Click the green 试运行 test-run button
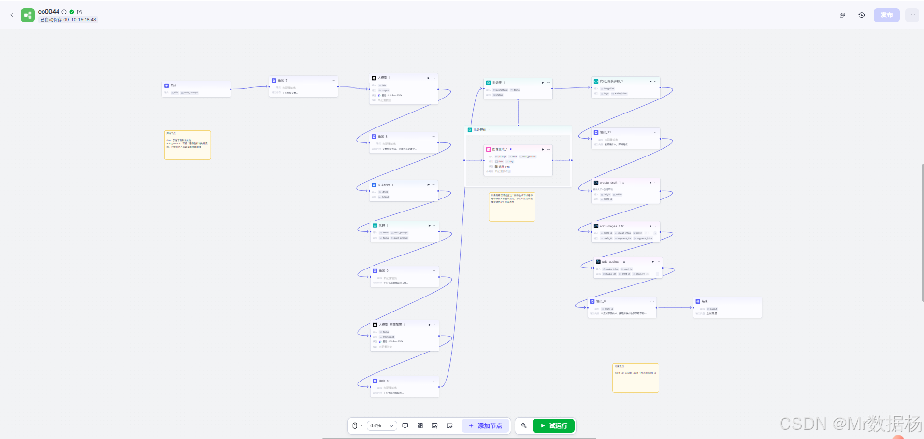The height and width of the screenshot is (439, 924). [553, 425]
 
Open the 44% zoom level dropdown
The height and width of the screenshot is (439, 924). [382, 425]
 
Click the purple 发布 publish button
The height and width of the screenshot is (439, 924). [886, 15]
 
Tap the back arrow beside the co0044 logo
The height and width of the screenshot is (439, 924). [12, 15]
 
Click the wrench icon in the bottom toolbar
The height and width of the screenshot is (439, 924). [524, 425]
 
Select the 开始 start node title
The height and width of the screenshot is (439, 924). [173, 85]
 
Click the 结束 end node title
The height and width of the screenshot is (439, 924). [705, 301]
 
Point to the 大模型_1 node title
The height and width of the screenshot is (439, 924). [384, 78]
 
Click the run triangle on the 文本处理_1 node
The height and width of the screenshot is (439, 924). [428, 185]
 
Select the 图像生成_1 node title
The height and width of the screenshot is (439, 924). [500, 149]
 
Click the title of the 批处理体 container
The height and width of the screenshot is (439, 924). [479, 130]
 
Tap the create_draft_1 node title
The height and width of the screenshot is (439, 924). [609, 183]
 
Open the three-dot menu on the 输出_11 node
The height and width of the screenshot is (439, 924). [656, 132]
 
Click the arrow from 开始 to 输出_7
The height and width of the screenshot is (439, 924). [249, 87]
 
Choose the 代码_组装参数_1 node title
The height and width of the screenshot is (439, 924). [611, 81]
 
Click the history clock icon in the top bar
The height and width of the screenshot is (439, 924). [862, 15]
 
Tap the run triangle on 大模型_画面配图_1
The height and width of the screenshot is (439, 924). [429, 325]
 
